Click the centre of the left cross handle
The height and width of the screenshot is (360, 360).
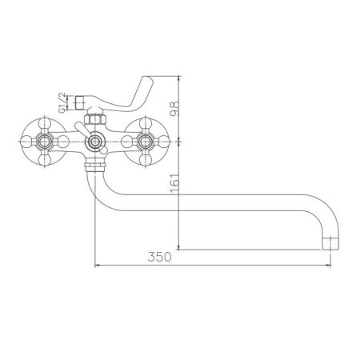point(43,141)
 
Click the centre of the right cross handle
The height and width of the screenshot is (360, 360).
point(147,141)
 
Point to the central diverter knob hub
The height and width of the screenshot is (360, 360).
point(95,142)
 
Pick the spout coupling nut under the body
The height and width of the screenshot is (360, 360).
point(95,166)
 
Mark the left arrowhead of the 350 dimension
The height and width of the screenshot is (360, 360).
point(98,266)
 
